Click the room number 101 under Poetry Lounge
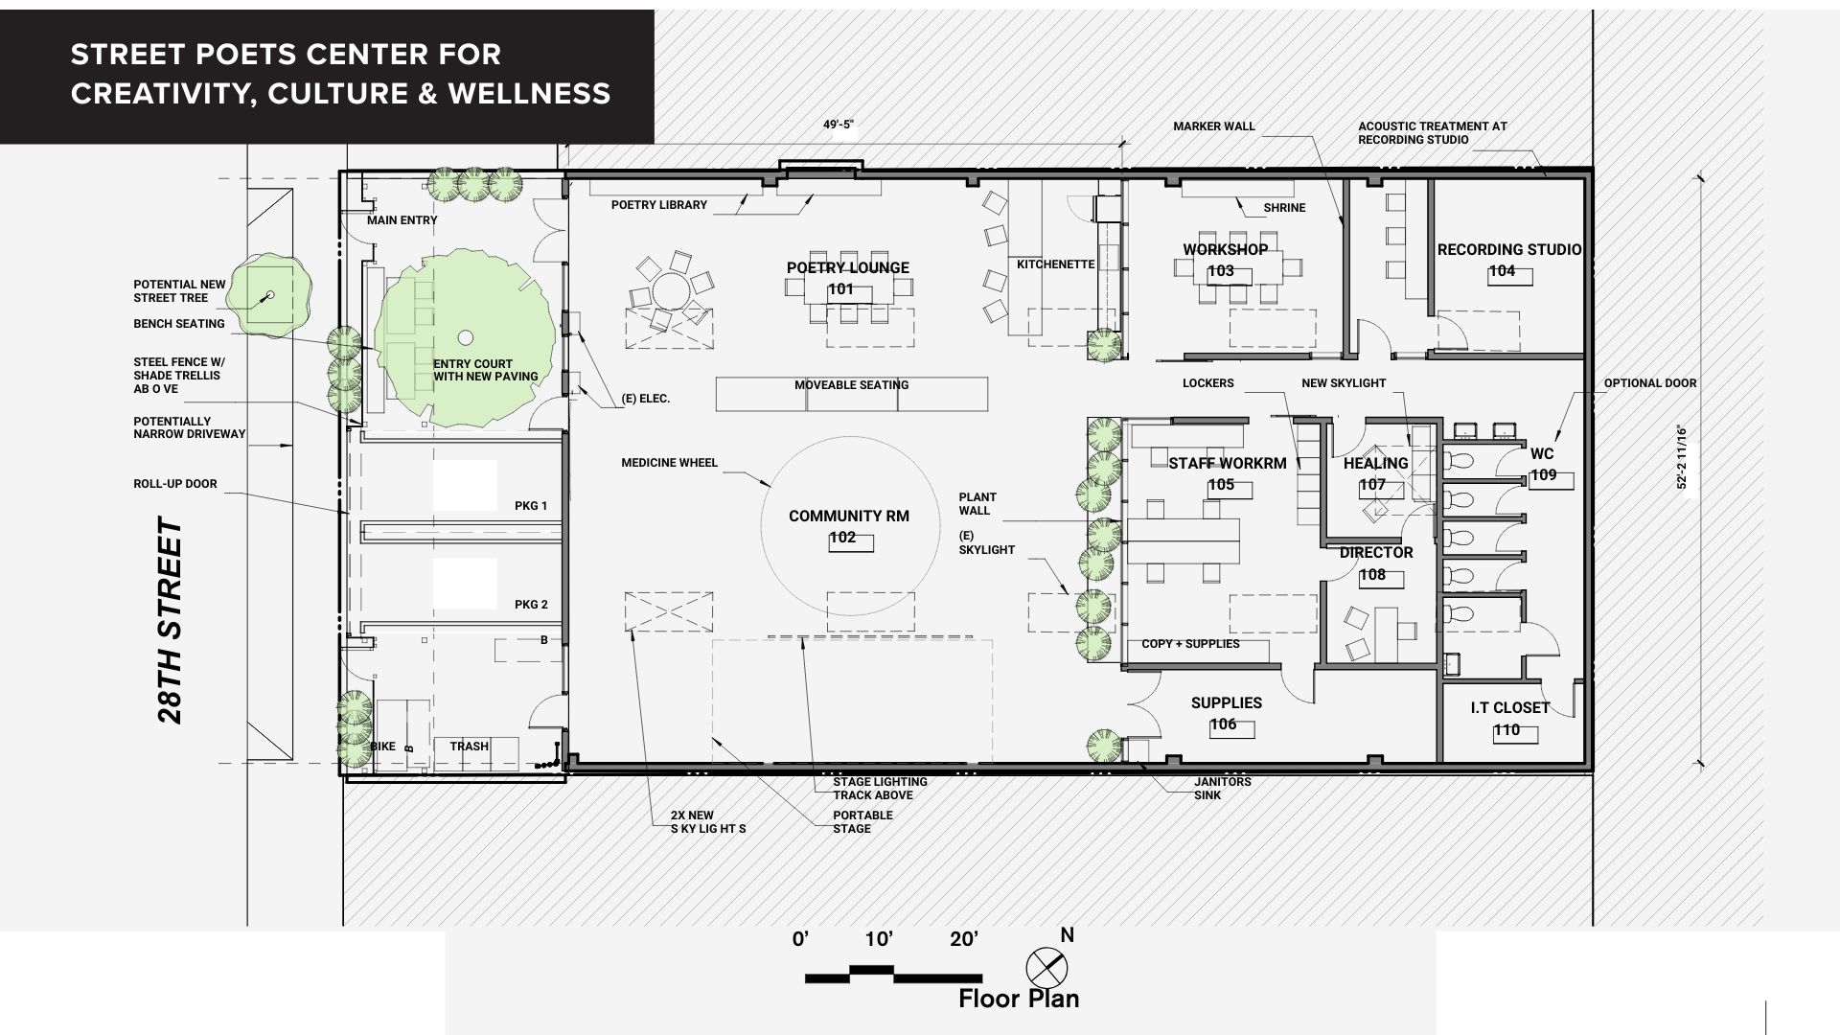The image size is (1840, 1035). [x=840, y=289]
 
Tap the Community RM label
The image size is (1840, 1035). [x=849, y=516]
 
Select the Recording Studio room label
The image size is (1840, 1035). [x=1509, y=249]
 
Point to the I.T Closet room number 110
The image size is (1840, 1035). [x=1506, y=730]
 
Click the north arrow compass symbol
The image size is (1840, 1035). [x=1046, y=966]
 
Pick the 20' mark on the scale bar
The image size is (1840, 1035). [x=964, y=939]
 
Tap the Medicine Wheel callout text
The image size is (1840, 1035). [x=669, y=463]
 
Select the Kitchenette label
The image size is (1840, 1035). [x=1055, y=264]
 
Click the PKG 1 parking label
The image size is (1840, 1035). [x=531, y=505]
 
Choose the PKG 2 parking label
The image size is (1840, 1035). [x=531, y=604]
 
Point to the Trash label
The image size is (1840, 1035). [x=470, y=746]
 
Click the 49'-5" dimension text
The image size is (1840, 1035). [x=838, y=125]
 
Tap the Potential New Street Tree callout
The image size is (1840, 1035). [x=179, y=291]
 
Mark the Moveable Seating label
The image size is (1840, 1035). [x=851, y=385]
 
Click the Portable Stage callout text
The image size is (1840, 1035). [x=862, y=822]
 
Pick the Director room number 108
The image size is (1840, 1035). [x=1372, y=575]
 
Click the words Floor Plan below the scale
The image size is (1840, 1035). [x=1019, y=999]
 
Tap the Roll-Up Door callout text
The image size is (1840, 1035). [x=175, y=484]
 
